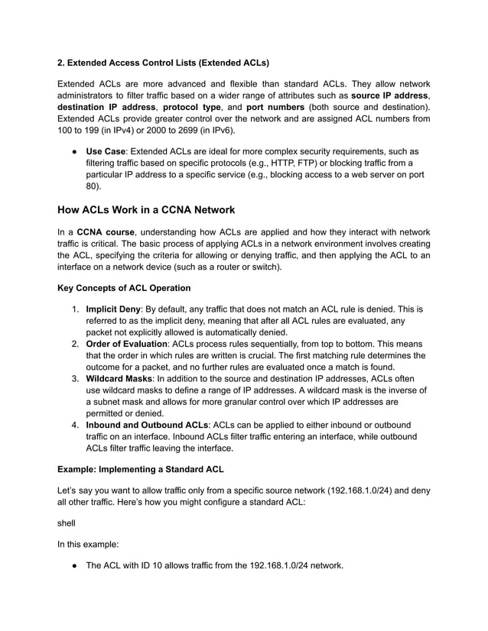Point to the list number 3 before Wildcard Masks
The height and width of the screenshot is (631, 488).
coord(75,377)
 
